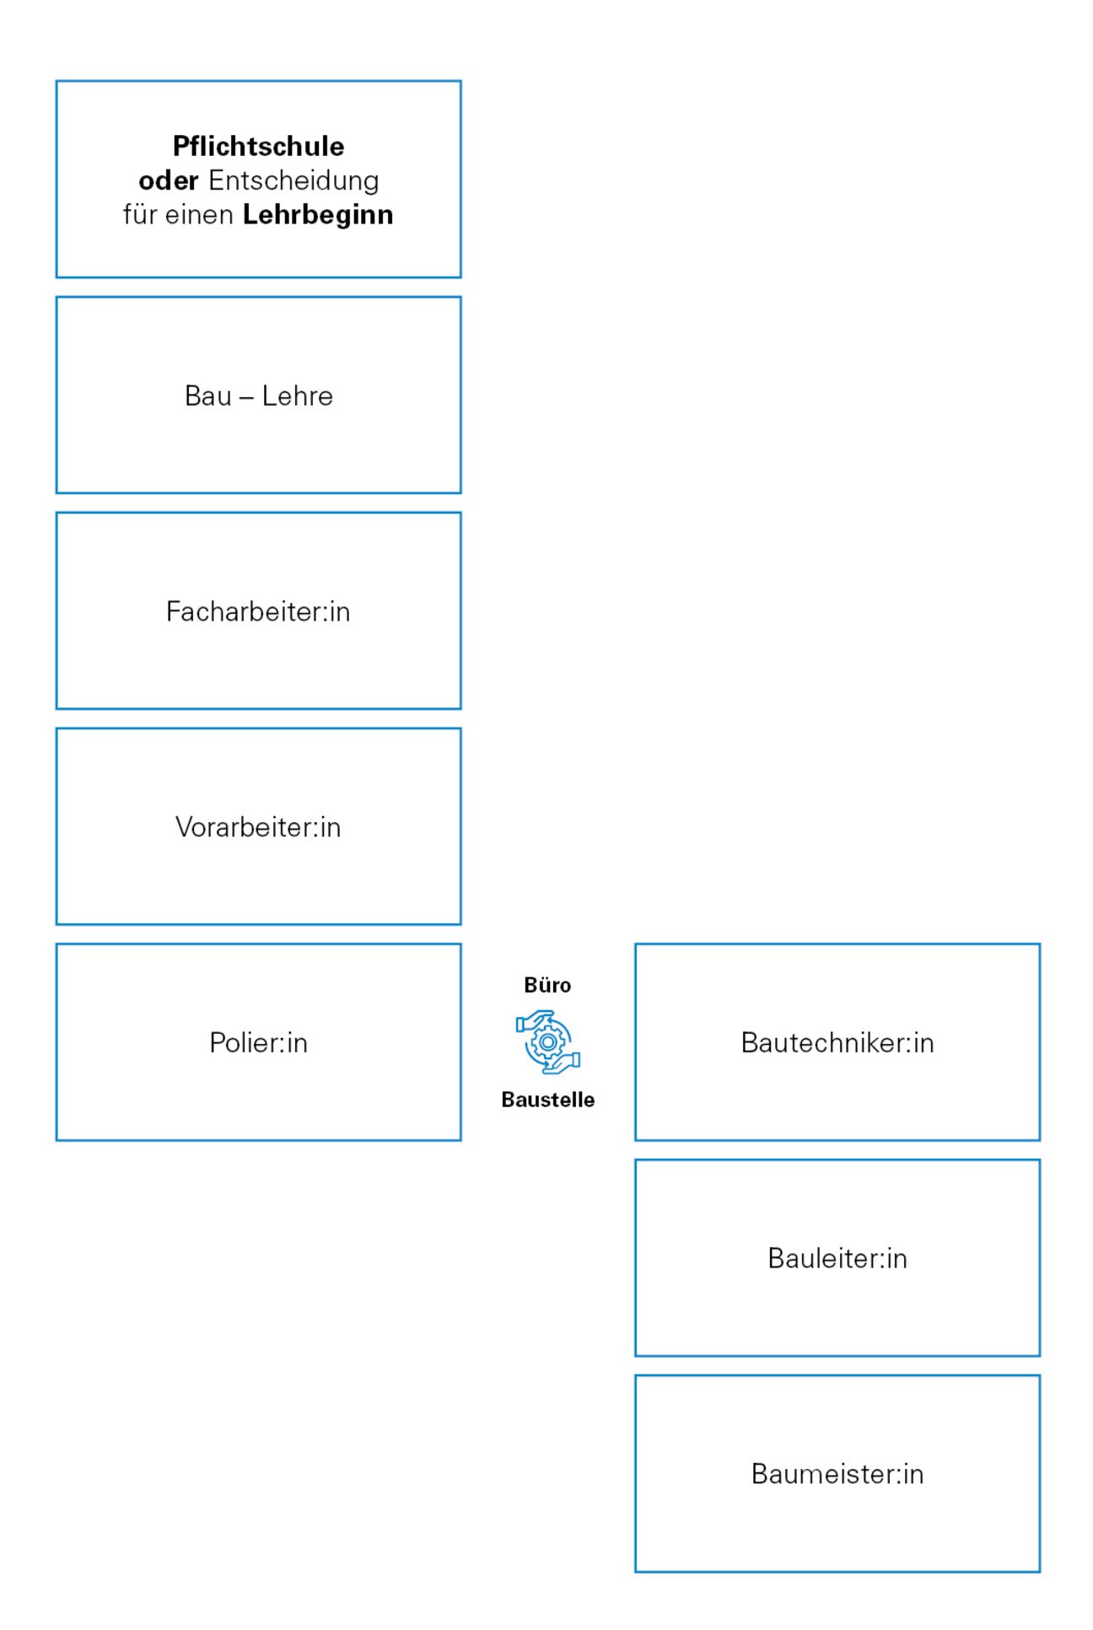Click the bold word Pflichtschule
(x=258, y=146)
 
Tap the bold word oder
(x=168, y=180)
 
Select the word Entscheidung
(x=293, y=180)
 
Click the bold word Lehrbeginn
(x=318, y=215)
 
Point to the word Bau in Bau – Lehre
(x=207, y=395)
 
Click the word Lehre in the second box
(x=297, y=395)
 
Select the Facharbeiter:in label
(x=258, y=611)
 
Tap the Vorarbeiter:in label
(x=258, y=827)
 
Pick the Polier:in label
(x=258, y=1043)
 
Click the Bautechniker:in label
(x=837, y=1043)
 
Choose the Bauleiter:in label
(x=837, y=1258)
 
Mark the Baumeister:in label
(x=837, y=1474)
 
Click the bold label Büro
(x=547, y=985)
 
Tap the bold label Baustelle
(x=547, y=1100)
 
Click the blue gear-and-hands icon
(x=548, y=1042)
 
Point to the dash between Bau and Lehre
(x=246, y=396)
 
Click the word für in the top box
(x=140, y=215)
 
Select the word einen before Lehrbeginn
(x=199, y=215)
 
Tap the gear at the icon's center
(x=548, y=1042)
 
